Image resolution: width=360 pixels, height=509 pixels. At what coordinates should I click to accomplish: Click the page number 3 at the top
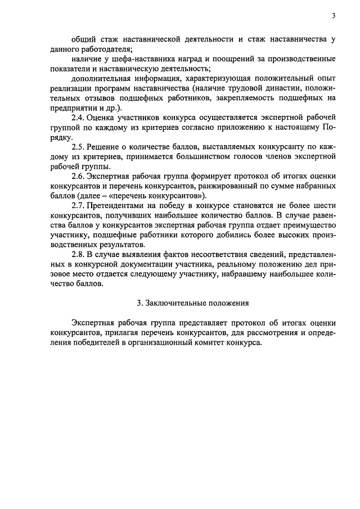333,15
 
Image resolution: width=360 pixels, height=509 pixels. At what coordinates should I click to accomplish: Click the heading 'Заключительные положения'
197,303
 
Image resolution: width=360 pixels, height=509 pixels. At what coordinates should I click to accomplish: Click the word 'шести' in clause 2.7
326,206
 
